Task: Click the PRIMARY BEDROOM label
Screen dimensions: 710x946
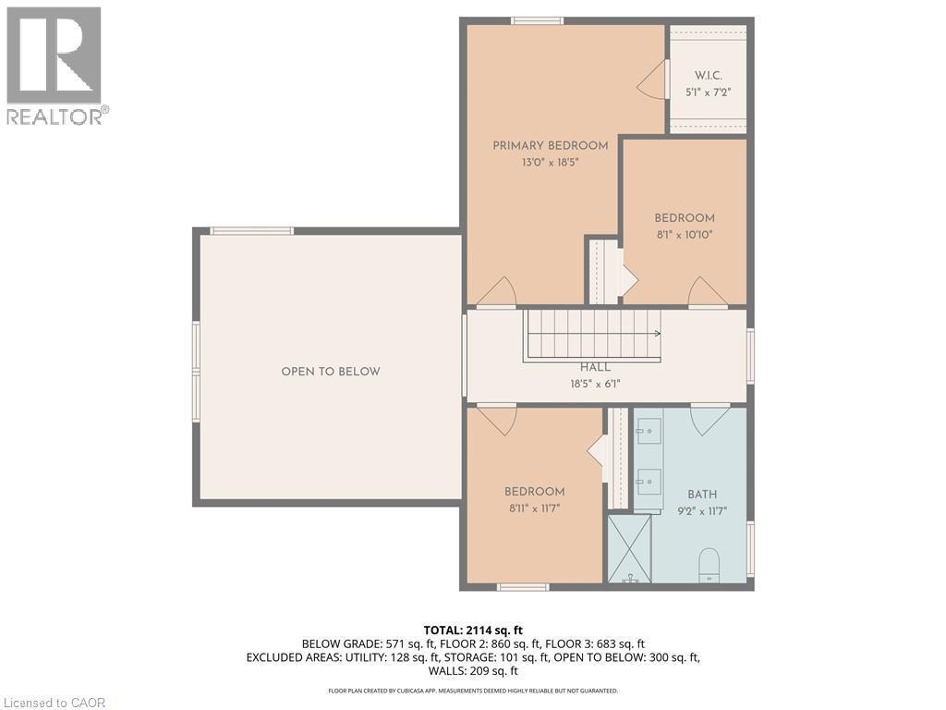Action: [x=550, y=145]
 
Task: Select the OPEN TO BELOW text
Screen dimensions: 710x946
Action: [x=331, y=372]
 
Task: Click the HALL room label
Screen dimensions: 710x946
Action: [x=595, y=367]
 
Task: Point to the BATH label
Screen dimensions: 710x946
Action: [x=702, y=495]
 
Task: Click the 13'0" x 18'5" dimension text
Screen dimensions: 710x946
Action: [x=550, y=162]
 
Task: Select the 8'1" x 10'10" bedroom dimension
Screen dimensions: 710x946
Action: [x=684, y=235]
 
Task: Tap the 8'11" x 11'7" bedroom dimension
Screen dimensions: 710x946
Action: [x=534, y=508]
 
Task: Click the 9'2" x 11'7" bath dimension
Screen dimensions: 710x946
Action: [x=702, y=510]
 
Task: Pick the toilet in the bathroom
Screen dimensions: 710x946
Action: [x=709, y=564]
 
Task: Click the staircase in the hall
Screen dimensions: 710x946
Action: [x=593, y=335]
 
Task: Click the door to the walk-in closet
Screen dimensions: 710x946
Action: [x=653, y=80]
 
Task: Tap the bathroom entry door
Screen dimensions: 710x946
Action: [x=709, y=419]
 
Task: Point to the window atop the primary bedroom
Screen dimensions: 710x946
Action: [x=538, y=20]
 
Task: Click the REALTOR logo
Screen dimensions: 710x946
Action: [x=55, y=65]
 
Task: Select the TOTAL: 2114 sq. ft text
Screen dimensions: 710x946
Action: [x=472, y=630]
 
